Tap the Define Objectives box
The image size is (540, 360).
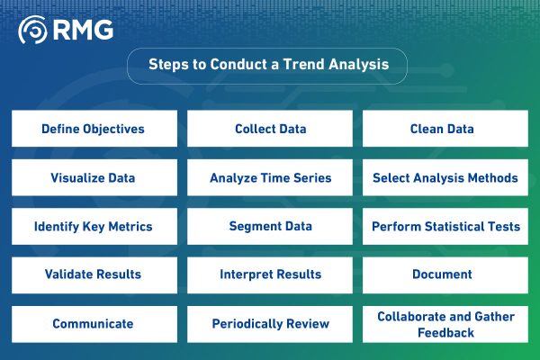[93, 129]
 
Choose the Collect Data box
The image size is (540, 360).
[270, 129]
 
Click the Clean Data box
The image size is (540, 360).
[445, 129]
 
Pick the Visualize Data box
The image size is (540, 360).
[93, 177]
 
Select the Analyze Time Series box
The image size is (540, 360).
[270, 177]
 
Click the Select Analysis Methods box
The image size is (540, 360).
[445, 177]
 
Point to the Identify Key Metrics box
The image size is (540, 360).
[93, 226]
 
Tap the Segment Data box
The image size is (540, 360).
[270, 226]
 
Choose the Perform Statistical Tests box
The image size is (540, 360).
[445, 226]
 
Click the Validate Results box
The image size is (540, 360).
[93, 274]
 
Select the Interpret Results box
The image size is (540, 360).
[270, 274]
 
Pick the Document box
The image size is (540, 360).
[445, 274]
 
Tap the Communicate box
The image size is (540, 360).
[93, 323]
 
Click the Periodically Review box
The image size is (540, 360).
[270, 323]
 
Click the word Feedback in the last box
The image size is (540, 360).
[445, 332]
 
